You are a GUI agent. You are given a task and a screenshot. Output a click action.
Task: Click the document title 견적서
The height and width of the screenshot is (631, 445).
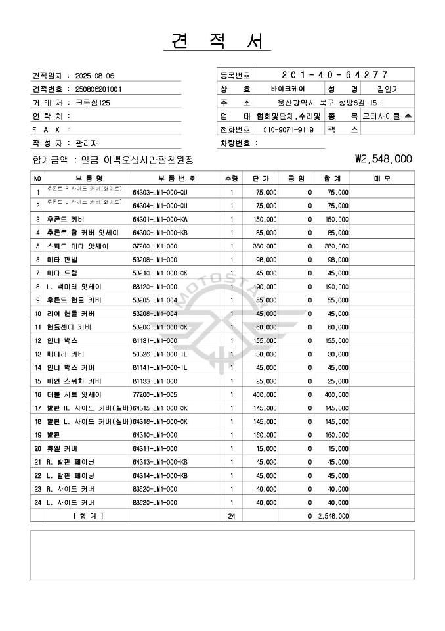point(217,41)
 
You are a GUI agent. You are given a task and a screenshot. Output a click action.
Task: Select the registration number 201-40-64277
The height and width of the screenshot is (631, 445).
point(334,74)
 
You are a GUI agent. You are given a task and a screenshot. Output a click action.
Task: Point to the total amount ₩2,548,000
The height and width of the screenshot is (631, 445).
point(383,158)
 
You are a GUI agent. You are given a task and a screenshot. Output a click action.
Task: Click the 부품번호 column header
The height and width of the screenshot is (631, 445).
point(176,178)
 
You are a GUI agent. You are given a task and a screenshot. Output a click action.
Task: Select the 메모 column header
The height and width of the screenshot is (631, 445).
point(381,178)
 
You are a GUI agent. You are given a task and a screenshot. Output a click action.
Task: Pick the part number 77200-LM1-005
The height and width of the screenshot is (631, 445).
point(154,394)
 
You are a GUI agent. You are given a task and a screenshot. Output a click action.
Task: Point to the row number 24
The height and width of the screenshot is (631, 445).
point(37,502)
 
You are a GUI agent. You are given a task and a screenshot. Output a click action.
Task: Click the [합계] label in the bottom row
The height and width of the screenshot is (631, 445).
point(87,516)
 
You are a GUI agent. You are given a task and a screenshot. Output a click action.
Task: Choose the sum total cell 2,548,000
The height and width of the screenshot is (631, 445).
point(333,516)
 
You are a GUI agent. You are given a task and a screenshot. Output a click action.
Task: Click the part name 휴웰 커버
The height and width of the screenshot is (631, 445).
point(62,448)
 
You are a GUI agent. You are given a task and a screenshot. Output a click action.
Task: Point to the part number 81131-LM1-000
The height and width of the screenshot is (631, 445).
point(154,340)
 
